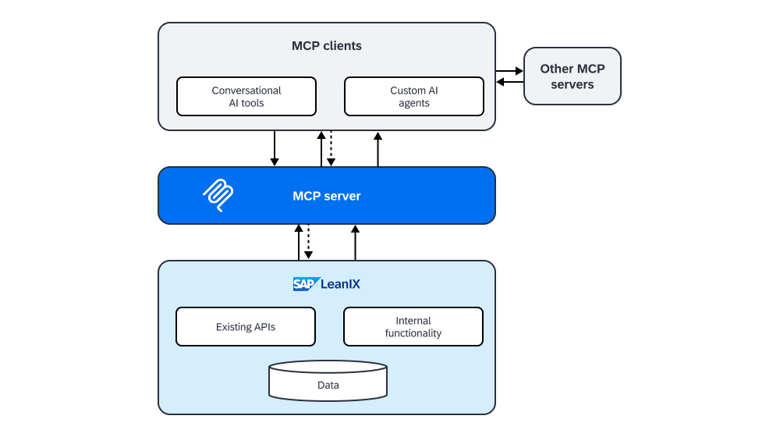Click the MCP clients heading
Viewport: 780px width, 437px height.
(327, 45)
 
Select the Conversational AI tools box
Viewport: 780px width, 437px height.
(246, 96)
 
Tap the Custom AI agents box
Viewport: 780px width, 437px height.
(413, 96)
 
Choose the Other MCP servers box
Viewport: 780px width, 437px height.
(572, 76)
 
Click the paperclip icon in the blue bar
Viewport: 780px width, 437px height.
(218, 195)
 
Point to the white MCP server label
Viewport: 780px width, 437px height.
(327, 196)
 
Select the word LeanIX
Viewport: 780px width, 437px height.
(340, 284)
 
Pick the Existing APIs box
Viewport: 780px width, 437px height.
(246, 327)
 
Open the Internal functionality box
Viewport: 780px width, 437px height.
(413, 327)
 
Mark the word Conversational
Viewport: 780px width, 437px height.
(246, 91)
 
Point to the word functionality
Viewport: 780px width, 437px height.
(413, 333)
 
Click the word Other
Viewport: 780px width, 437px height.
(556, 69)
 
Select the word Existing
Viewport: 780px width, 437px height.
(235, 327)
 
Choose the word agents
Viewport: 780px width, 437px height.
(413, 103)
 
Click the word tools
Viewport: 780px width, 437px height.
(253, 103)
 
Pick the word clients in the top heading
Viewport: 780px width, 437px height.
(343, 45)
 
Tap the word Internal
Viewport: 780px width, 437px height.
(413, 321)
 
